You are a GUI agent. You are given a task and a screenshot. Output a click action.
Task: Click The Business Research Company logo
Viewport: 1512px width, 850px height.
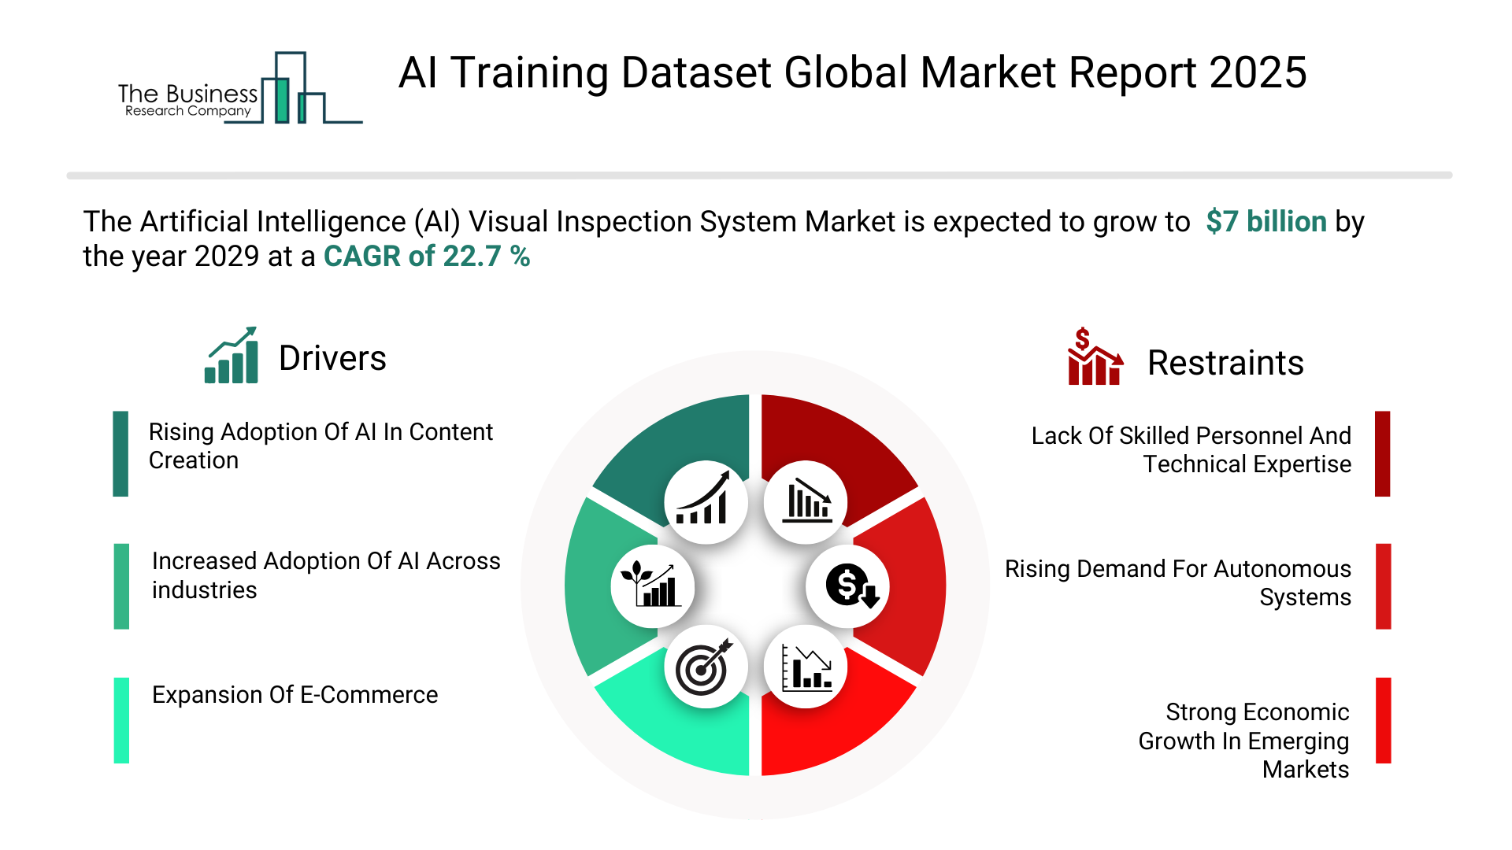point(240,88)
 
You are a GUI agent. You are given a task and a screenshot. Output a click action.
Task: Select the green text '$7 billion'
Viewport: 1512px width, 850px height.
point(1266,222)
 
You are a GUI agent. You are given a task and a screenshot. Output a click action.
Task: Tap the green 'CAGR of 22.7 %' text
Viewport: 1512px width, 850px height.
point(427,257)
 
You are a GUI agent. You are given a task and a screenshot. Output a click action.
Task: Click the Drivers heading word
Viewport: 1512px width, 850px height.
point(332,358)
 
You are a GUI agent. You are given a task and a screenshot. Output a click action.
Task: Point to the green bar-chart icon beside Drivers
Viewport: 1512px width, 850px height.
point(232,355)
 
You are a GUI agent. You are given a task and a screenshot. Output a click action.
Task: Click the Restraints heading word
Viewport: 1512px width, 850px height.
point(1225,363)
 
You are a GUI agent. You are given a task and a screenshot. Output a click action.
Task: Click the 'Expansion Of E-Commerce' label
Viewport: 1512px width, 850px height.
point(295,695)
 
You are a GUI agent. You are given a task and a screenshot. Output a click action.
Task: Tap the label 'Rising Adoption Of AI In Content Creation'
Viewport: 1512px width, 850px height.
point(321,446)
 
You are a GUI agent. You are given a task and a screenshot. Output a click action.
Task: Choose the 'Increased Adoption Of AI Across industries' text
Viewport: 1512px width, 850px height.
point(326,575)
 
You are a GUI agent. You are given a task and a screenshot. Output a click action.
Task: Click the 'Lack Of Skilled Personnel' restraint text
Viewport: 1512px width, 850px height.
point(1191,450)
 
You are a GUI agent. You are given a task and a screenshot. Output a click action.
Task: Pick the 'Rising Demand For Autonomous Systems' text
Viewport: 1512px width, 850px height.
point(1178,583)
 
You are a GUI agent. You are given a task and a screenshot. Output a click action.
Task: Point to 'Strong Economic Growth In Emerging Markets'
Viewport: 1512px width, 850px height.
point(1243,741)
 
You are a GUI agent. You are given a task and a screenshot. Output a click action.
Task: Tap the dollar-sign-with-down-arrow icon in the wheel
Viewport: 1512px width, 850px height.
point(848,586)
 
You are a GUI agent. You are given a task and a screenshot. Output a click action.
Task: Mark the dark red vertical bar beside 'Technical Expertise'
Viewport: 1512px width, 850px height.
point(1383,453)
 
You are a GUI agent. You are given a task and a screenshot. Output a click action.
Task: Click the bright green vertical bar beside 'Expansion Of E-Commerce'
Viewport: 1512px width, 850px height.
point(121,720)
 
